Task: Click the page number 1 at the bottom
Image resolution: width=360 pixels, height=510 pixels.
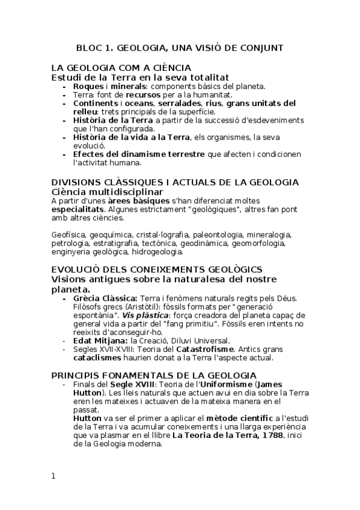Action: tap(53, 476)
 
